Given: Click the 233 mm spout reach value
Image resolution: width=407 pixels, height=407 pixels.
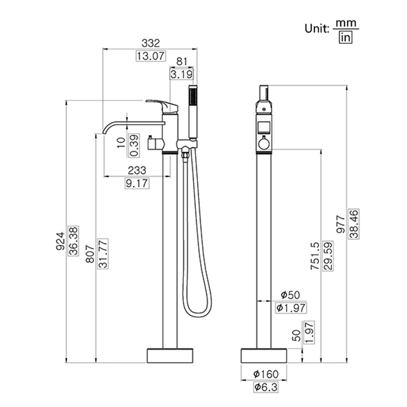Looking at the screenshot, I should click(x=137, y=169).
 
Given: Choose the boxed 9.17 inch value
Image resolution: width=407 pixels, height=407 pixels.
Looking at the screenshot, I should click(x=137, y=183).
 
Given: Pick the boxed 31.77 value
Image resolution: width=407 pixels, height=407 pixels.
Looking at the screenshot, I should click(x=103, y=253).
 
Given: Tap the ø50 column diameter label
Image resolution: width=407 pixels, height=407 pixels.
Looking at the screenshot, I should click(x=290, y=295).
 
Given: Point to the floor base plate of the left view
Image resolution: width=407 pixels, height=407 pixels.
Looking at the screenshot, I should click(x=170, y=355).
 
